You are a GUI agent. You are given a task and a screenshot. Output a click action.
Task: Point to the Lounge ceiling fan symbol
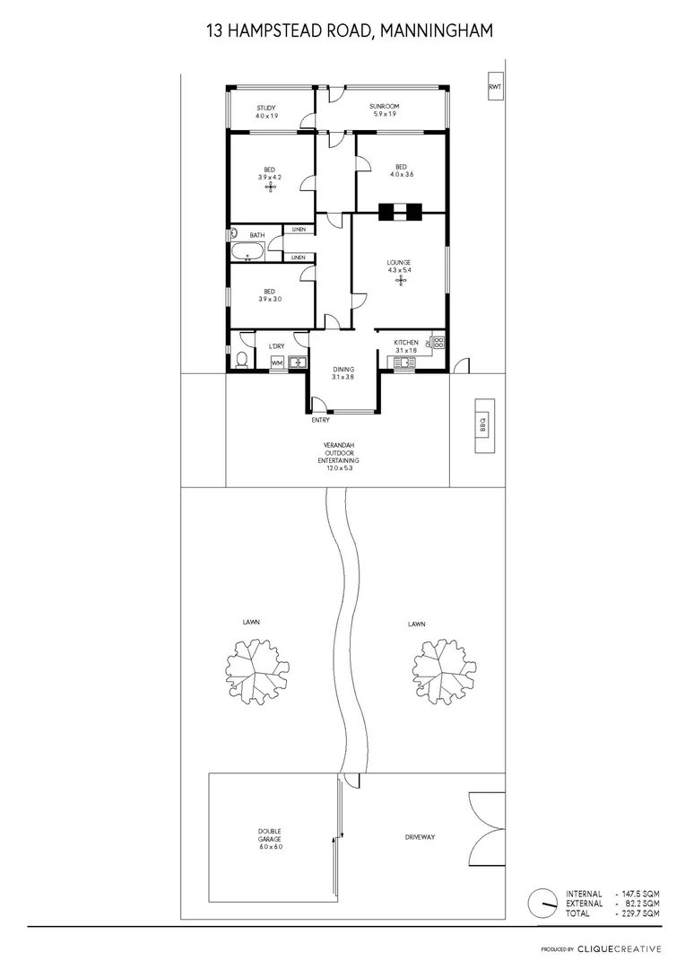click(399, 282)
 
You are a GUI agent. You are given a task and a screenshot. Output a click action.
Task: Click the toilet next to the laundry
click(242, 361)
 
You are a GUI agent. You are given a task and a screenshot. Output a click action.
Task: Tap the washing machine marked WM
click(276, 362)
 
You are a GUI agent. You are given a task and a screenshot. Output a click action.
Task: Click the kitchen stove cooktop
click(438, 342)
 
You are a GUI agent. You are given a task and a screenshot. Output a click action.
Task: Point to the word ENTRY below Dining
click(321, 420)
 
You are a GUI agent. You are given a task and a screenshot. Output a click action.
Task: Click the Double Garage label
click(270, 843)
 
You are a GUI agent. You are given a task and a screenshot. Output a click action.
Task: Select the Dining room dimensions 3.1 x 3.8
click(342, 377)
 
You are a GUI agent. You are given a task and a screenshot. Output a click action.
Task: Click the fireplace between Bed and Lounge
click(399, 213)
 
